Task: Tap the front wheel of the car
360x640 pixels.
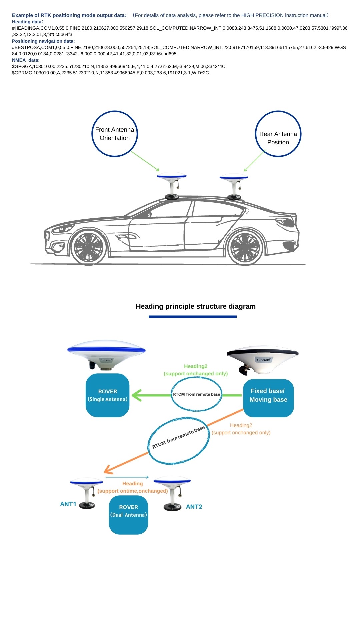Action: click(89, 247)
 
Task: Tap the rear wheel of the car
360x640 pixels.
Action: click(245, 247)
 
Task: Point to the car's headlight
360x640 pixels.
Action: click(62, 229)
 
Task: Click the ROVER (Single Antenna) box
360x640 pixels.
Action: click(107, 395)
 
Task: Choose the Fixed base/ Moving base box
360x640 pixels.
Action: click(268, 398)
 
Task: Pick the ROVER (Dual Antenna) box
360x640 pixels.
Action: click(128, 515)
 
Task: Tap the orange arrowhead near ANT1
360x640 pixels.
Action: click(108, 469)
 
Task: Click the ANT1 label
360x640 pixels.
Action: click(68, 504)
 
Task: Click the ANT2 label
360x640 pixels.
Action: click(194, 507)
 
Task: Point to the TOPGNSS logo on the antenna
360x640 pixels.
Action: click(263, 360)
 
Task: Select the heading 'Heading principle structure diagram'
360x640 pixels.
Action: click(196, 306)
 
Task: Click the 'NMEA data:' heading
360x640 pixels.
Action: click(26, 60)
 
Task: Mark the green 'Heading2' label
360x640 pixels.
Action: click(196, 366)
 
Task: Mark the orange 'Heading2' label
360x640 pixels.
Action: click(241, 425)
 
